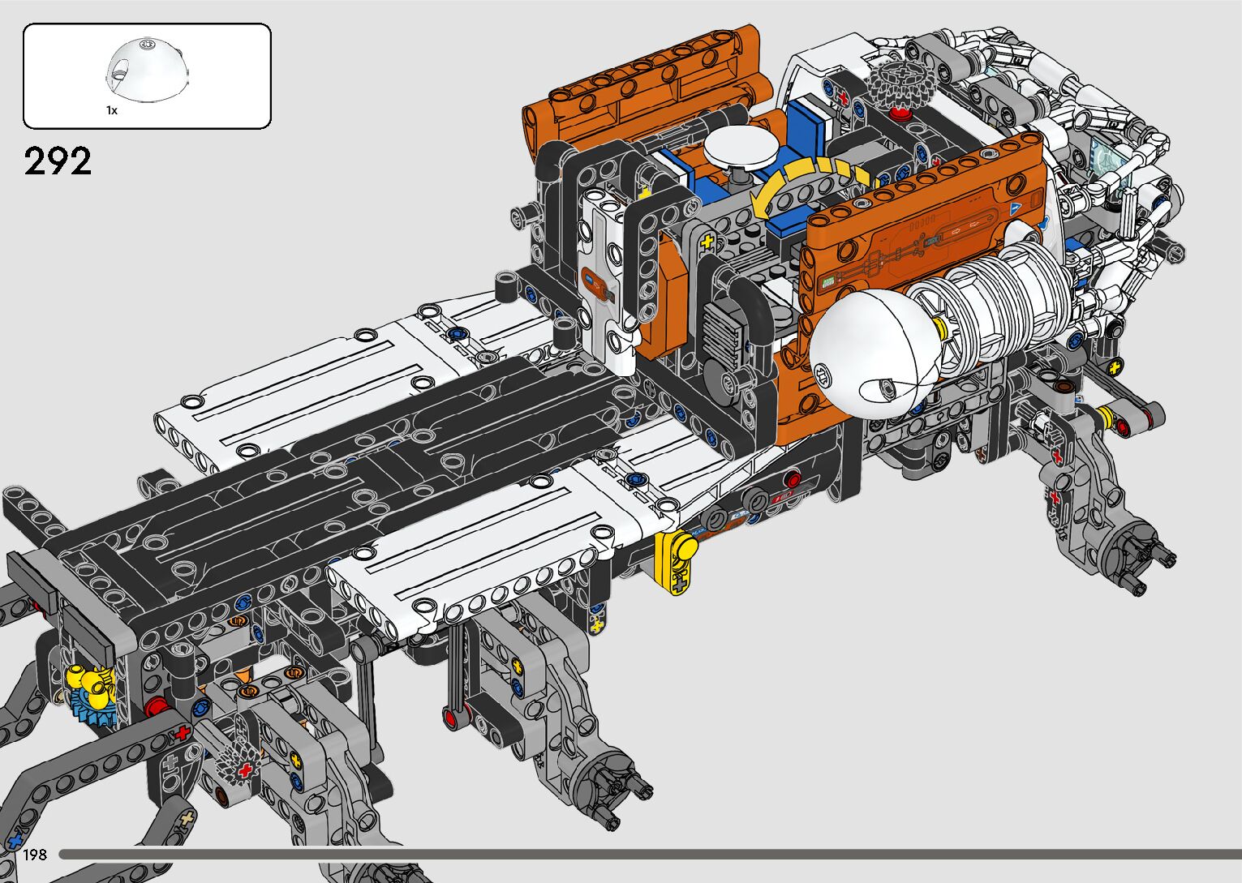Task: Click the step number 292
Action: click(58, 161)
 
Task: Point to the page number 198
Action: click(34, 855)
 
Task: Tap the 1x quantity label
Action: click(112, 110)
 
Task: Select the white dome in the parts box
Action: click(146, 69)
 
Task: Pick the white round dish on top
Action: click(740, 145)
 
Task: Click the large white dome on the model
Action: click(873, 350)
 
